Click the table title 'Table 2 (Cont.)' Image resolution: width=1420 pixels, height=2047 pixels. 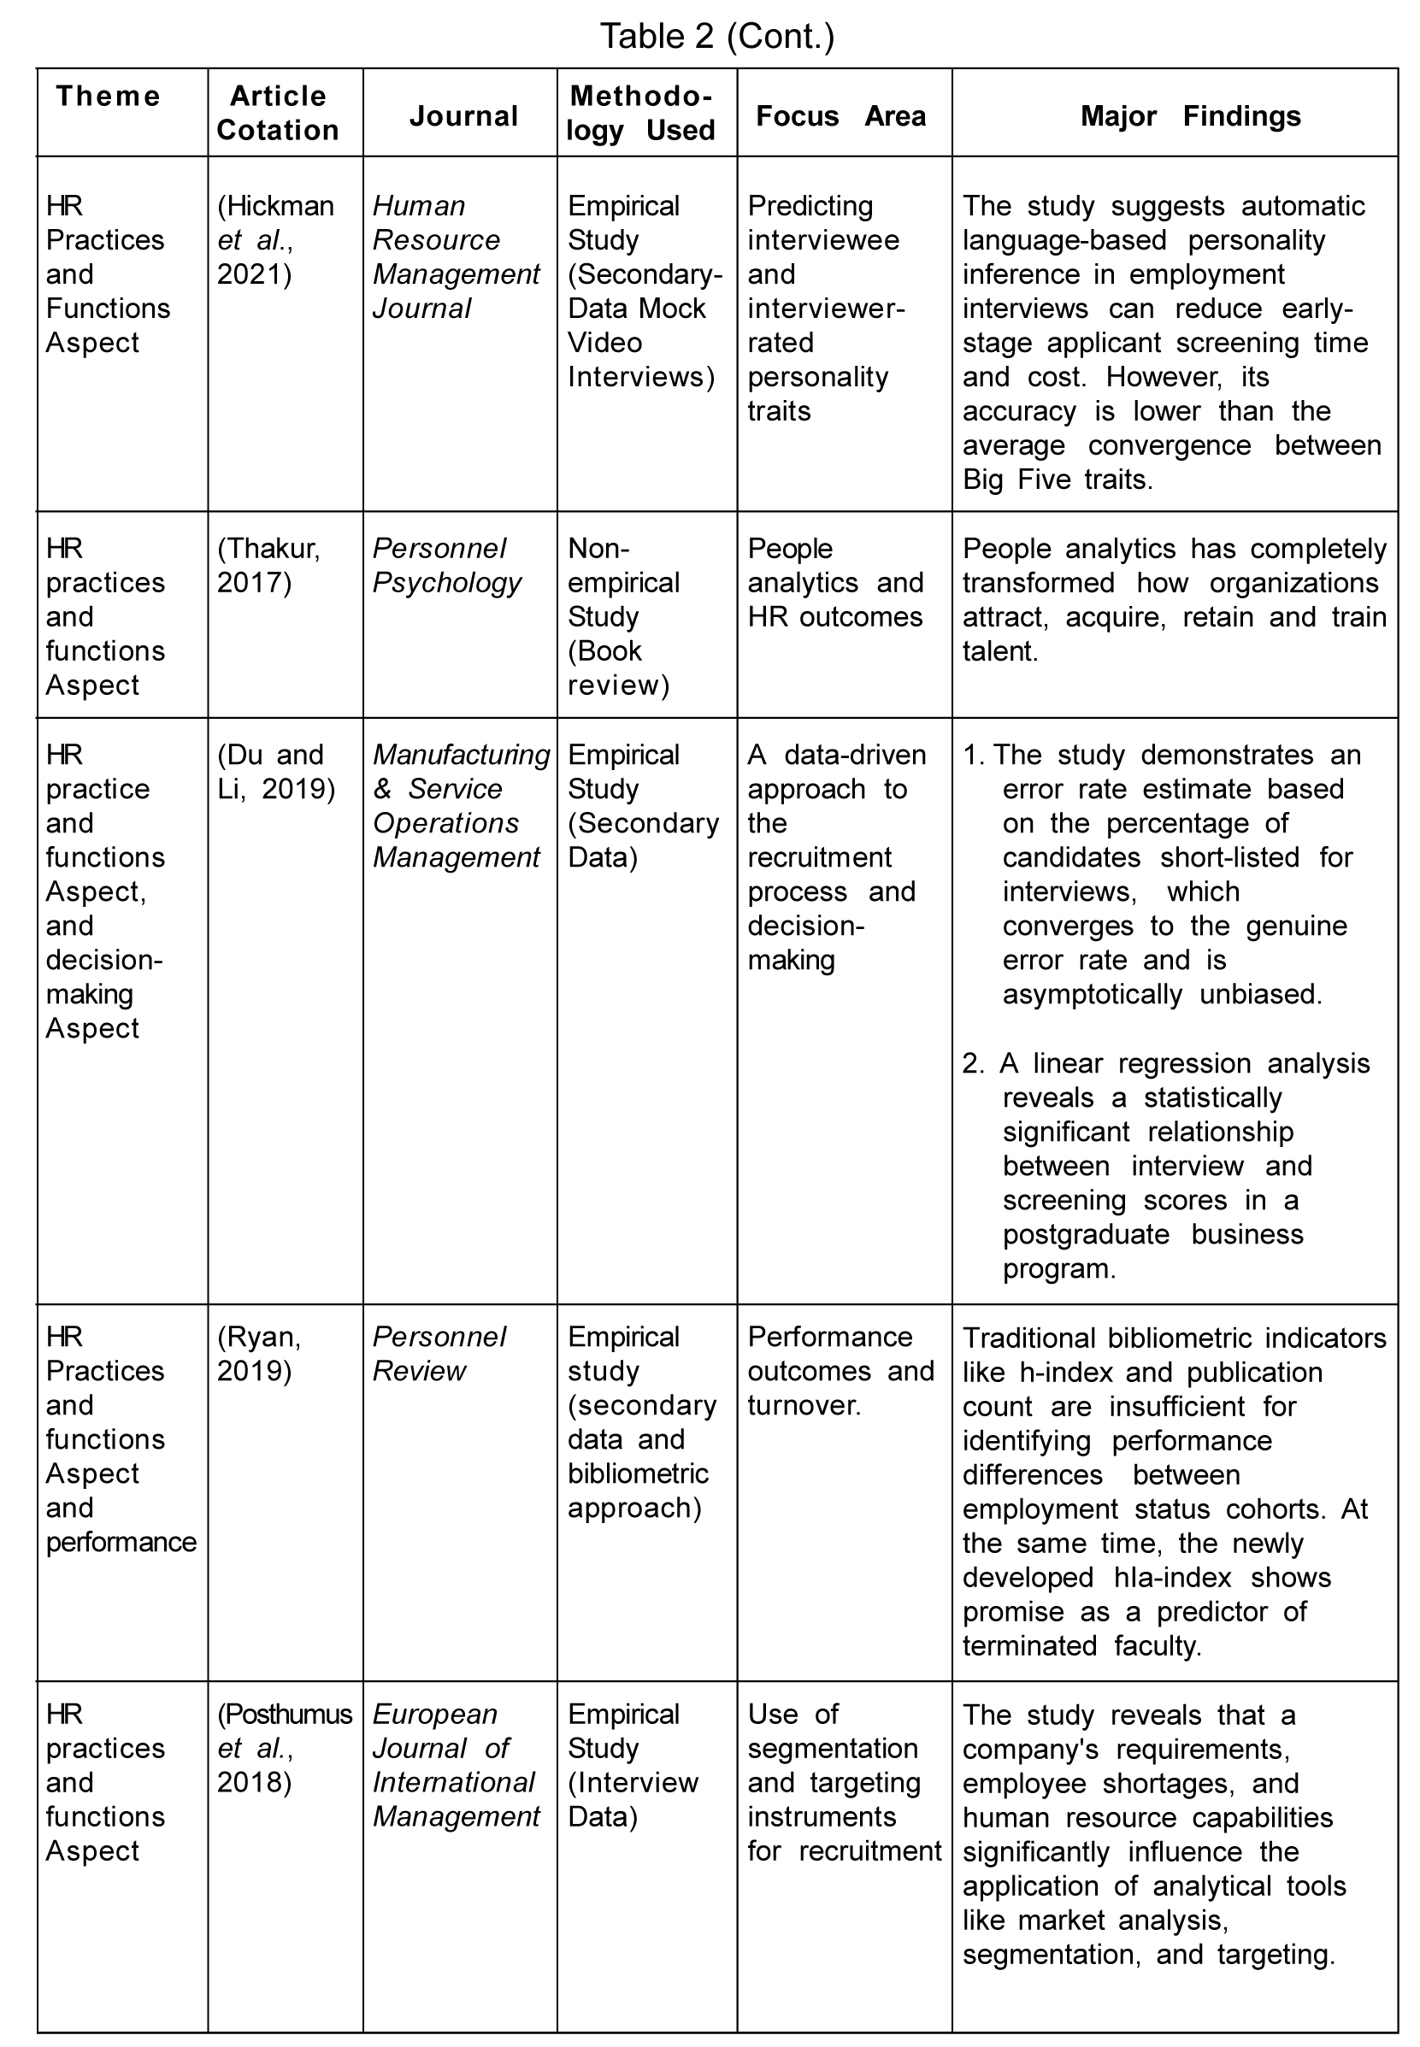pos(717,37)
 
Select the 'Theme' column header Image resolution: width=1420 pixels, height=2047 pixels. pos(108,96)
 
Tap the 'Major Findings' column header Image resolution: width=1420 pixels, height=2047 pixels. pos(1189,115)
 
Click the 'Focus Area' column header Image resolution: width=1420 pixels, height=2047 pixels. pos(840,115)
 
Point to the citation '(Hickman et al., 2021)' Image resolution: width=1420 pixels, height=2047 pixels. pos(275,239)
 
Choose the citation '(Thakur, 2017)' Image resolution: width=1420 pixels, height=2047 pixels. pos(268,565)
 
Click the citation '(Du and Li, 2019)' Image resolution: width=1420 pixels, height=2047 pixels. pos(276,771)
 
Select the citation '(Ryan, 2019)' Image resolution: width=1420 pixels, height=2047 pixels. pos(259,1353)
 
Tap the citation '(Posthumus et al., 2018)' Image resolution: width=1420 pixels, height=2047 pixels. pos(284,1747)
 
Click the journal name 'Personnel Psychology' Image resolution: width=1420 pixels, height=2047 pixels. pos(446,565)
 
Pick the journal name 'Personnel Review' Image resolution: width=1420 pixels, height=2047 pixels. pos(439,1353)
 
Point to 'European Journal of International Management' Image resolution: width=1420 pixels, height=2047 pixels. pos(455,1765)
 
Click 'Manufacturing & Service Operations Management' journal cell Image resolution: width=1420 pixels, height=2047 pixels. pos(460,806)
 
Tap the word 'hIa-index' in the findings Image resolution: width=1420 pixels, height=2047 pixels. pos(1172,1577)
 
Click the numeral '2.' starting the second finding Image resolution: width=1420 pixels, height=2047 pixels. pos(974,1063)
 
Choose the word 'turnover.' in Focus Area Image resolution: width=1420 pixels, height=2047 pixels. pos(804,1406)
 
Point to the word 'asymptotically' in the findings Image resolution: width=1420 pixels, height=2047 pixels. pos(1093,994)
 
